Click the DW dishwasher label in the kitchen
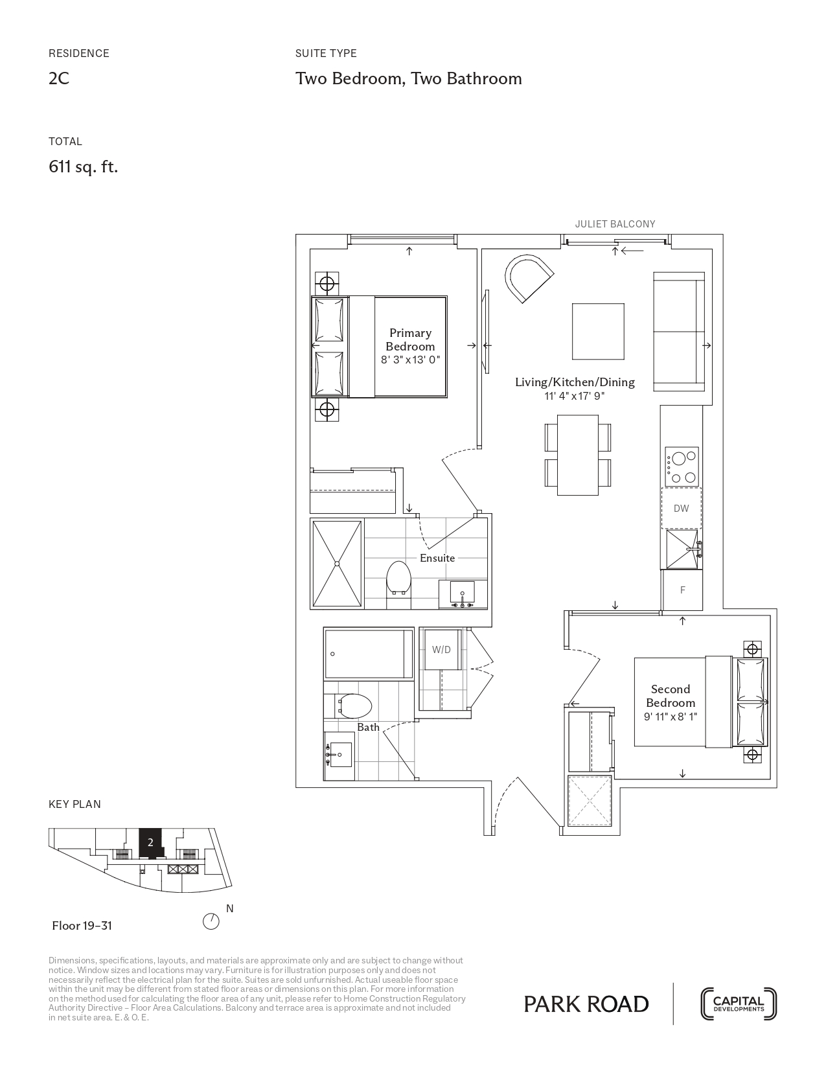click(x=681, y=509)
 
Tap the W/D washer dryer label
click(x=441, y=649)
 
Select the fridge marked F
click(x=682, y=590)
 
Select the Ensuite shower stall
click(x=337, y=564)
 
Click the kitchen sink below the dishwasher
click(x=682, y=549)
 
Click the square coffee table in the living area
click(x=598, y=331)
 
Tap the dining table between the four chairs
click(x=578, y=455)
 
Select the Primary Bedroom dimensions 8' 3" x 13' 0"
click(x=410, y=360)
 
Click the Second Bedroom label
click(x=670, y=696)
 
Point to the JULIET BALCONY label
click(x=615, y=224)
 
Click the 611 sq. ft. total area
click(x=83, y=167)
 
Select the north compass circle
click(x=211, y=922)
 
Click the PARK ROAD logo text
click(x=586, y=1004)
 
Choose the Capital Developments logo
click(x=739, y=1004)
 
